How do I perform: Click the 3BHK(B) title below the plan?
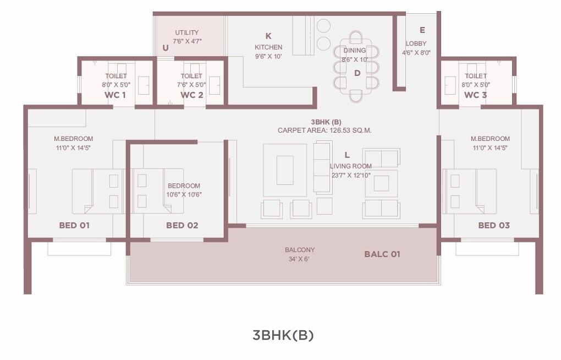coord(283,335)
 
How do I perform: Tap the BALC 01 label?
coord(382,254)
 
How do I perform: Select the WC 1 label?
coord(116,95)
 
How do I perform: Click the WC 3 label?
coord(476,95)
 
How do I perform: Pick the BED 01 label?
coord(74,225)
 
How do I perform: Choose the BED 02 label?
coord(182,225)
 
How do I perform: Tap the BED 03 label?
coord(494,225)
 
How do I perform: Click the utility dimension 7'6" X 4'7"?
coord(186,41)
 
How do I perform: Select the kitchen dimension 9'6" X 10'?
coord(268,56)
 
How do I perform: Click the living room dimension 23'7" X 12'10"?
coord(350,175)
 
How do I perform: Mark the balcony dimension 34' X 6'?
coord(299,259)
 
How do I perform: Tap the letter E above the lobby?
coord(422,30)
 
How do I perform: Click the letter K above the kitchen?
coord(268,36)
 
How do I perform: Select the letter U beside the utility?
coord(166,48)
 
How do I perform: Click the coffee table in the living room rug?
coord(285,170)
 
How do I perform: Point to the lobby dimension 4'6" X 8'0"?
coord(416,53)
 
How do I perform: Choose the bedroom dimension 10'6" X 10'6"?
coord(184,194)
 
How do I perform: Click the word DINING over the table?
coord(355,51)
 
